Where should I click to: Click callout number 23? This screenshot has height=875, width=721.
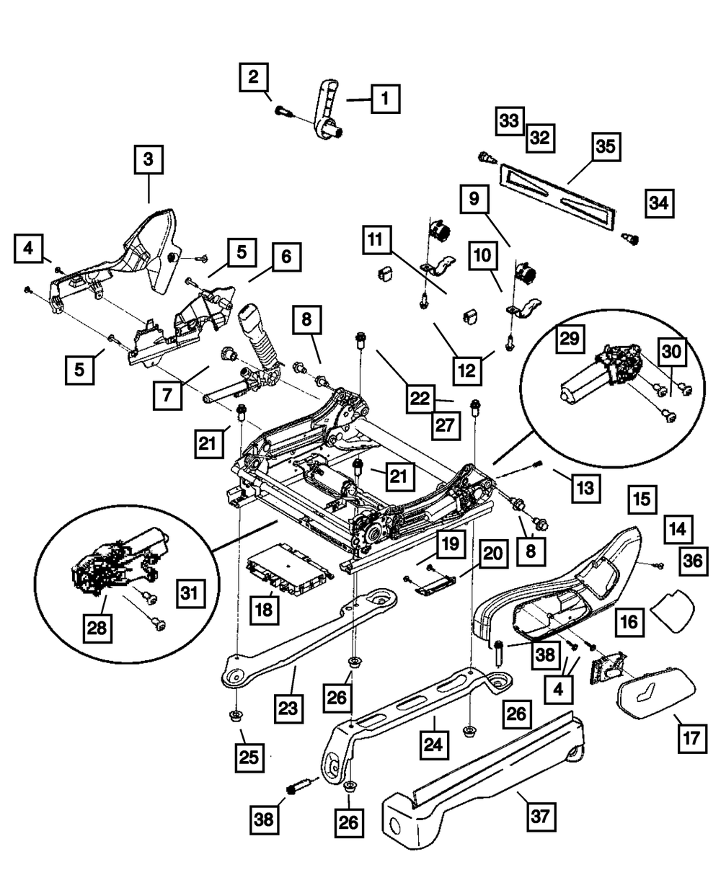point(288,708)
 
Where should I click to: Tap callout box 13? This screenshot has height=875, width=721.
point(585,488)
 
